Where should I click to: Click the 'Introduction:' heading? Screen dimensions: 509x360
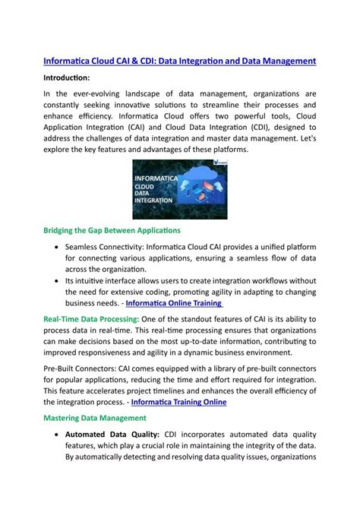[67, 77]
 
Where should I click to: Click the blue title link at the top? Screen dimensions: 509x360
[179, 60]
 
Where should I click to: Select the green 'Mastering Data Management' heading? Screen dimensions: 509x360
[94, 418]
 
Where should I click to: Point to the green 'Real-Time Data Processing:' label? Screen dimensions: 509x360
[90, 321]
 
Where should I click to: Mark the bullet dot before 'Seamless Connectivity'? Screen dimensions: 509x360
[58, 248]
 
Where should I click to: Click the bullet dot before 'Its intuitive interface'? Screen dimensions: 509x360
[58, 280]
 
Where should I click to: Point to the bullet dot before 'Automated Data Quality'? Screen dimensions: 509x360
[58, 435]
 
